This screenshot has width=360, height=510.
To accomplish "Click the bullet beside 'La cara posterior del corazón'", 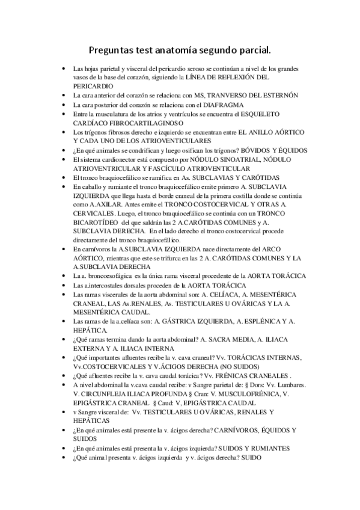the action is point(65,105).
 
